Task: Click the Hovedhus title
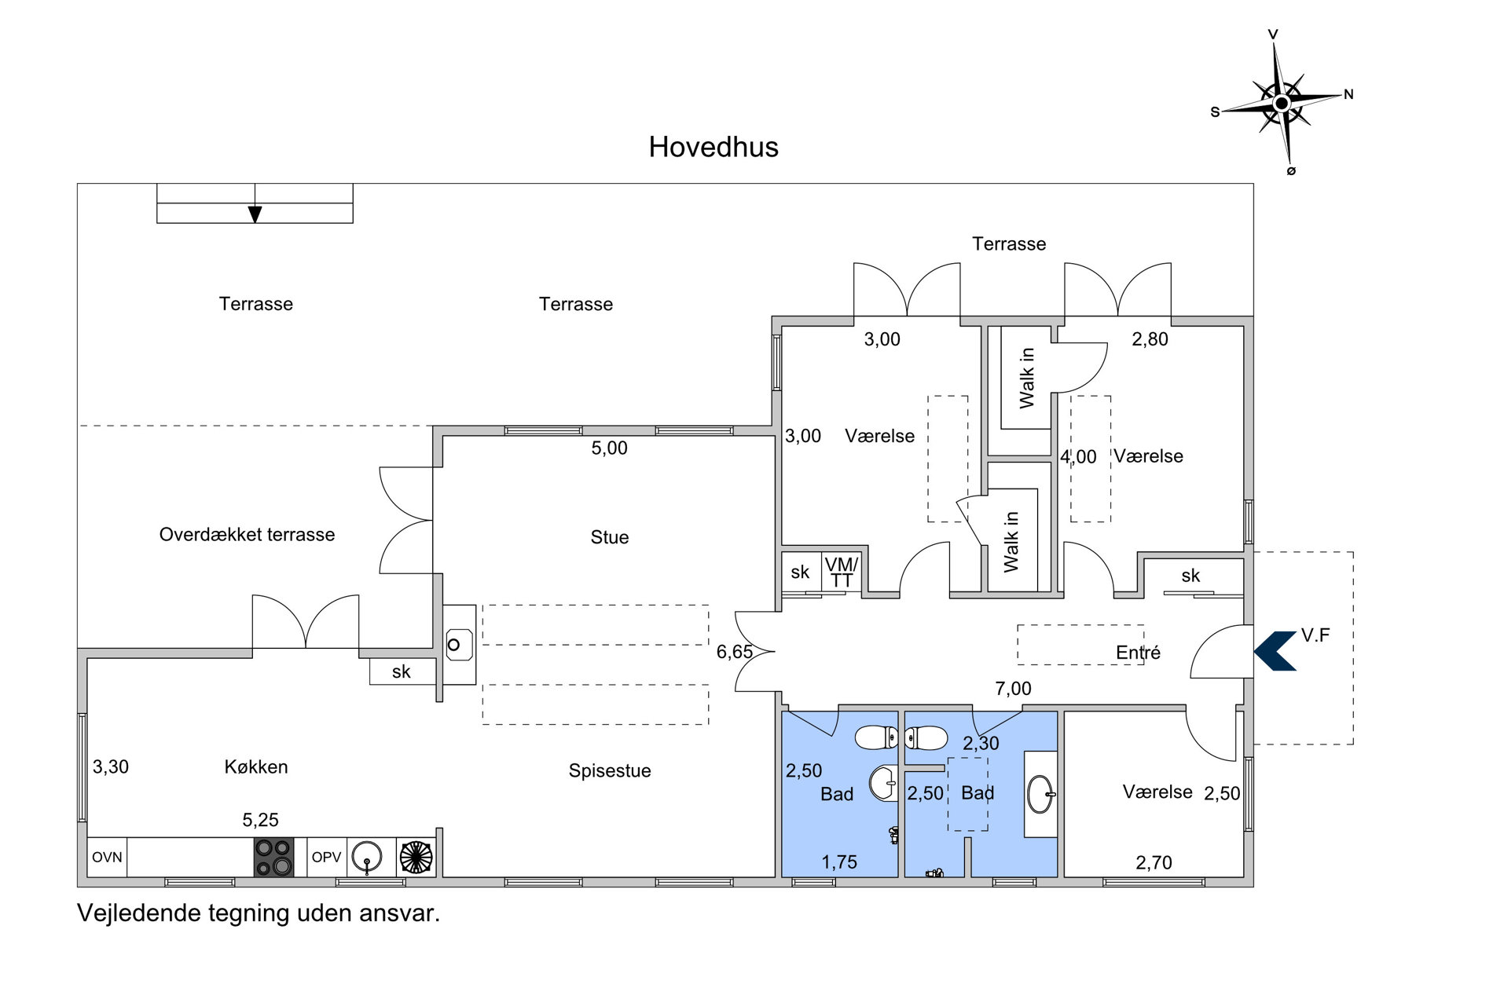(x=713, y=147)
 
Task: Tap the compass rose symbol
(x=1281, y=103)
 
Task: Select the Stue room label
(x=610, y=537)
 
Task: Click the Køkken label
(x=256, y=766)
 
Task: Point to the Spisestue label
(x=610, y=771)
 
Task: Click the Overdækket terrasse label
(x=247, y=535)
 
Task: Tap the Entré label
(x=1138, y=653)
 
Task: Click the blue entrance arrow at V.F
(x=1274, y=651)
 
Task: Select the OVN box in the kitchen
(x=107, y=857)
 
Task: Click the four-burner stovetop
(x=273, y=857)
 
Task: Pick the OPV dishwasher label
(x=326, y=857)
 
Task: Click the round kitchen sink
(x=366, y=857)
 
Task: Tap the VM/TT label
(x=842, y=572)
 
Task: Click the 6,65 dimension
(x=735, y=652)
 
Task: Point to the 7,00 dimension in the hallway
(x=1013, y=689)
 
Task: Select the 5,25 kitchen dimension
(x=260, y=820)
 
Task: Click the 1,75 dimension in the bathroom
(x=839, y=862)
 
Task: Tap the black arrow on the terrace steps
(x=255, y=214)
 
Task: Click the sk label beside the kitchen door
(x=401, y=671)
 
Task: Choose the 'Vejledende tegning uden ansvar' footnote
(x=259, y=913)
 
